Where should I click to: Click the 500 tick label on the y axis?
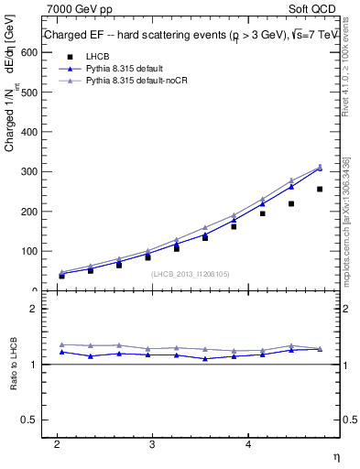coord(28,93)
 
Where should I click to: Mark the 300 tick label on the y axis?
coord(28,172)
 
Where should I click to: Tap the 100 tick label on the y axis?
coord(28,251)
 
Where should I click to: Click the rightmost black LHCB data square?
coord(320,190)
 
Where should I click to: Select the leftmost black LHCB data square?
coord(62,275)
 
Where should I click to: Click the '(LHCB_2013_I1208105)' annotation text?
coord(190,273)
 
